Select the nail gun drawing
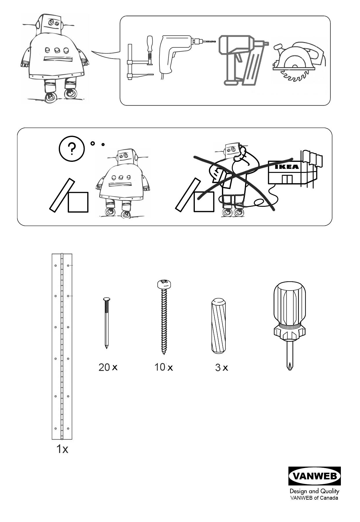(241, 59)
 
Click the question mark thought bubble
(72, 149)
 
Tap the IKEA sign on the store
(286, 167)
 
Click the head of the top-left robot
(51, 25)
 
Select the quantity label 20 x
(108, 367)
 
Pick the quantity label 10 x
(163, 367)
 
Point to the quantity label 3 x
(221, 368)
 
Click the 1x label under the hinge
(62, 449)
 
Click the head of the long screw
(165, 284)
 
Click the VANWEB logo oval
(314, 476)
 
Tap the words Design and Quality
(314, 491)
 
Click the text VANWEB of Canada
(314, 498)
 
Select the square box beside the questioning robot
(78, 202)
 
